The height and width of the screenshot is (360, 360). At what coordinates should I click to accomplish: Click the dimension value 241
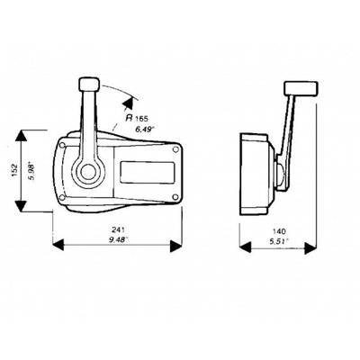pyautogui.click(x=118, y=229)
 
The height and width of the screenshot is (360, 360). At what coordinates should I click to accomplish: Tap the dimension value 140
pyautogui.click(x=279, y=231)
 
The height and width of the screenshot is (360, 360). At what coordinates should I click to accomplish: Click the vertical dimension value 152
pyautogui.click(x=16, y=170)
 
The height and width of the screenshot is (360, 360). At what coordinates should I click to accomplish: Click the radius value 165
pyautogui.click(x=141, y=119)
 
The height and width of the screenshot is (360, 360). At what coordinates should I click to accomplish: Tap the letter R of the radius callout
pyautogui.click(x=130, y=118)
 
